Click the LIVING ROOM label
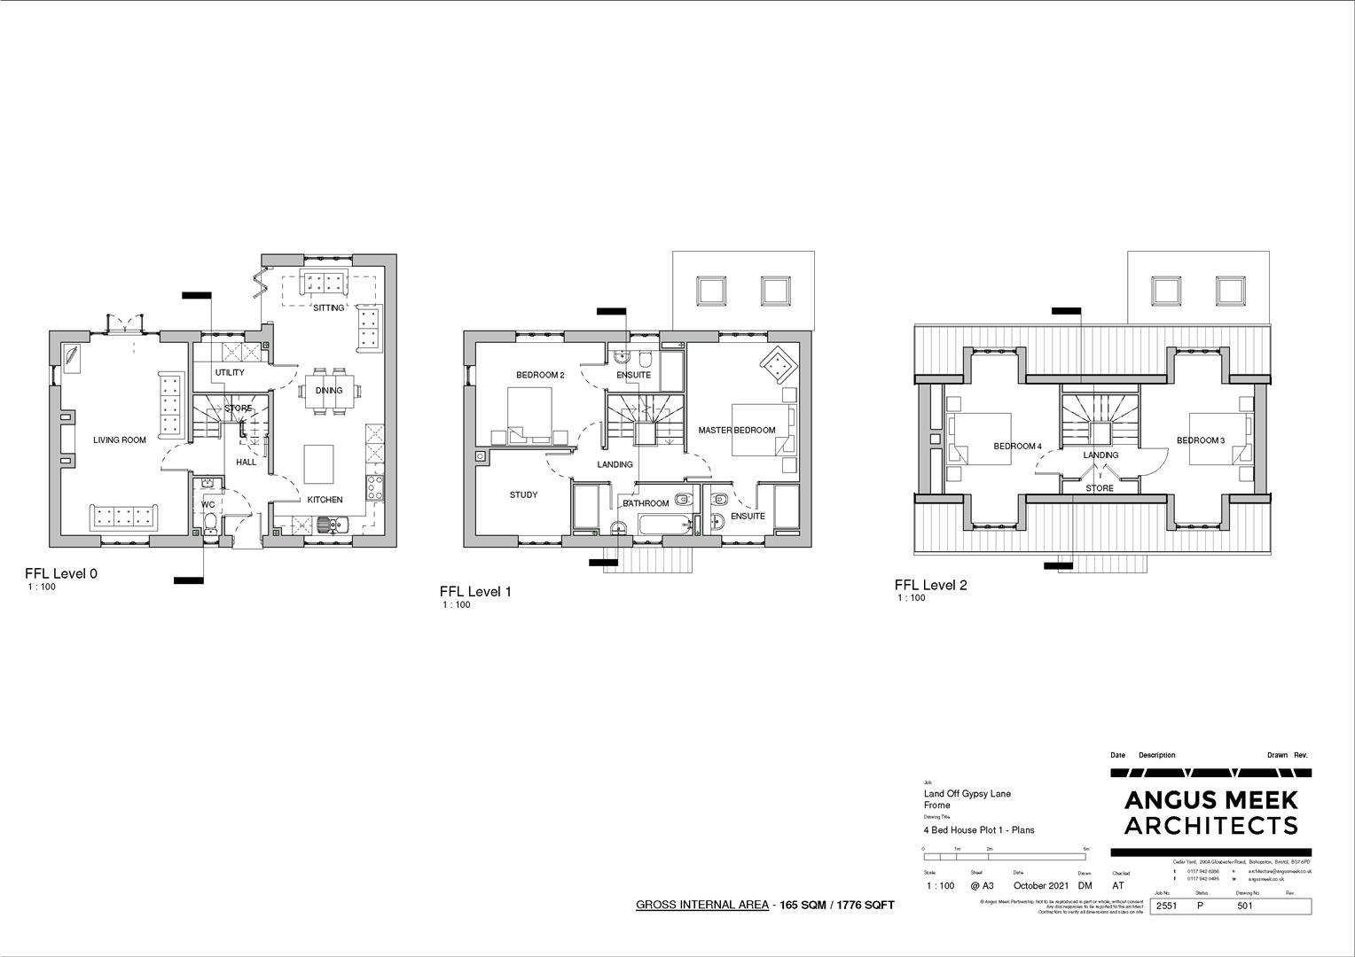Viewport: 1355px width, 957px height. pyautogui.click(x=120, y=440)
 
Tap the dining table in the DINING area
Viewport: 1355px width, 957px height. pyautogui.click(x=328, y=391)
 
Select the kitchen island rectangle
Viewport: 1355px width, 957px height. pyautogui.click(x=321, y=463)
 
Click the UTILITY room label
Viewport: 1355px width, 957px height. pyautogui.click(x=230, y=373)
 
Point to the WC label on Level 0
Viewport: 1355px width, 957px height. pyautogui.click(x=208, y=505)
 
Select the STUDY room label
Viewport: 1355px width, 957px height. pyautogui.click(x=523, y=495)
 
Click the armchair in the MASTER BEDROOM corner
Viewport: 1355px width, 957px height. pyautogui.click(x=777, y=362)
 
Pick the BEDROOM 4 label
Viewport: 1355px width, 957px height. pyautogui.click(x=1017, y=447)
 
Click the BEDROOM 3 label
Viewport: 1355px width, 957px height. pyautogui.click(x=1201, y=441)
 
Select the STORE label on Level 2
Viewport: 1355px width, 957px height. pyautogui.click(x=1100, y=488)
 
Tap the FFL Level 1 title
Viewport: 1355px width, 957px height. pyautogui.click(x=475, y=592)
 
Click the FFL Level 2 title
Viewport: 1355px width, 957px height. pyautogui.click(x=930, y=585)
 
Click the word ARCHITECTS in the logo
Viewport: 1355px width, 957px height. pyautogui.click(x=1210, y=826)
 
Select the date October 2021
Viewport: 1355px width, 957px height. pyautogui.click(x=1041, y=885)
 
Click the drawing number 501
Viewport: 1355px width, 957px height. pyautogui.click(x=1245, y=906)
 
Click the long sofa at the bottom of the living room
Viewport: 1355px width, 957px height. pyautogui.click(x=123, y=517)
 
